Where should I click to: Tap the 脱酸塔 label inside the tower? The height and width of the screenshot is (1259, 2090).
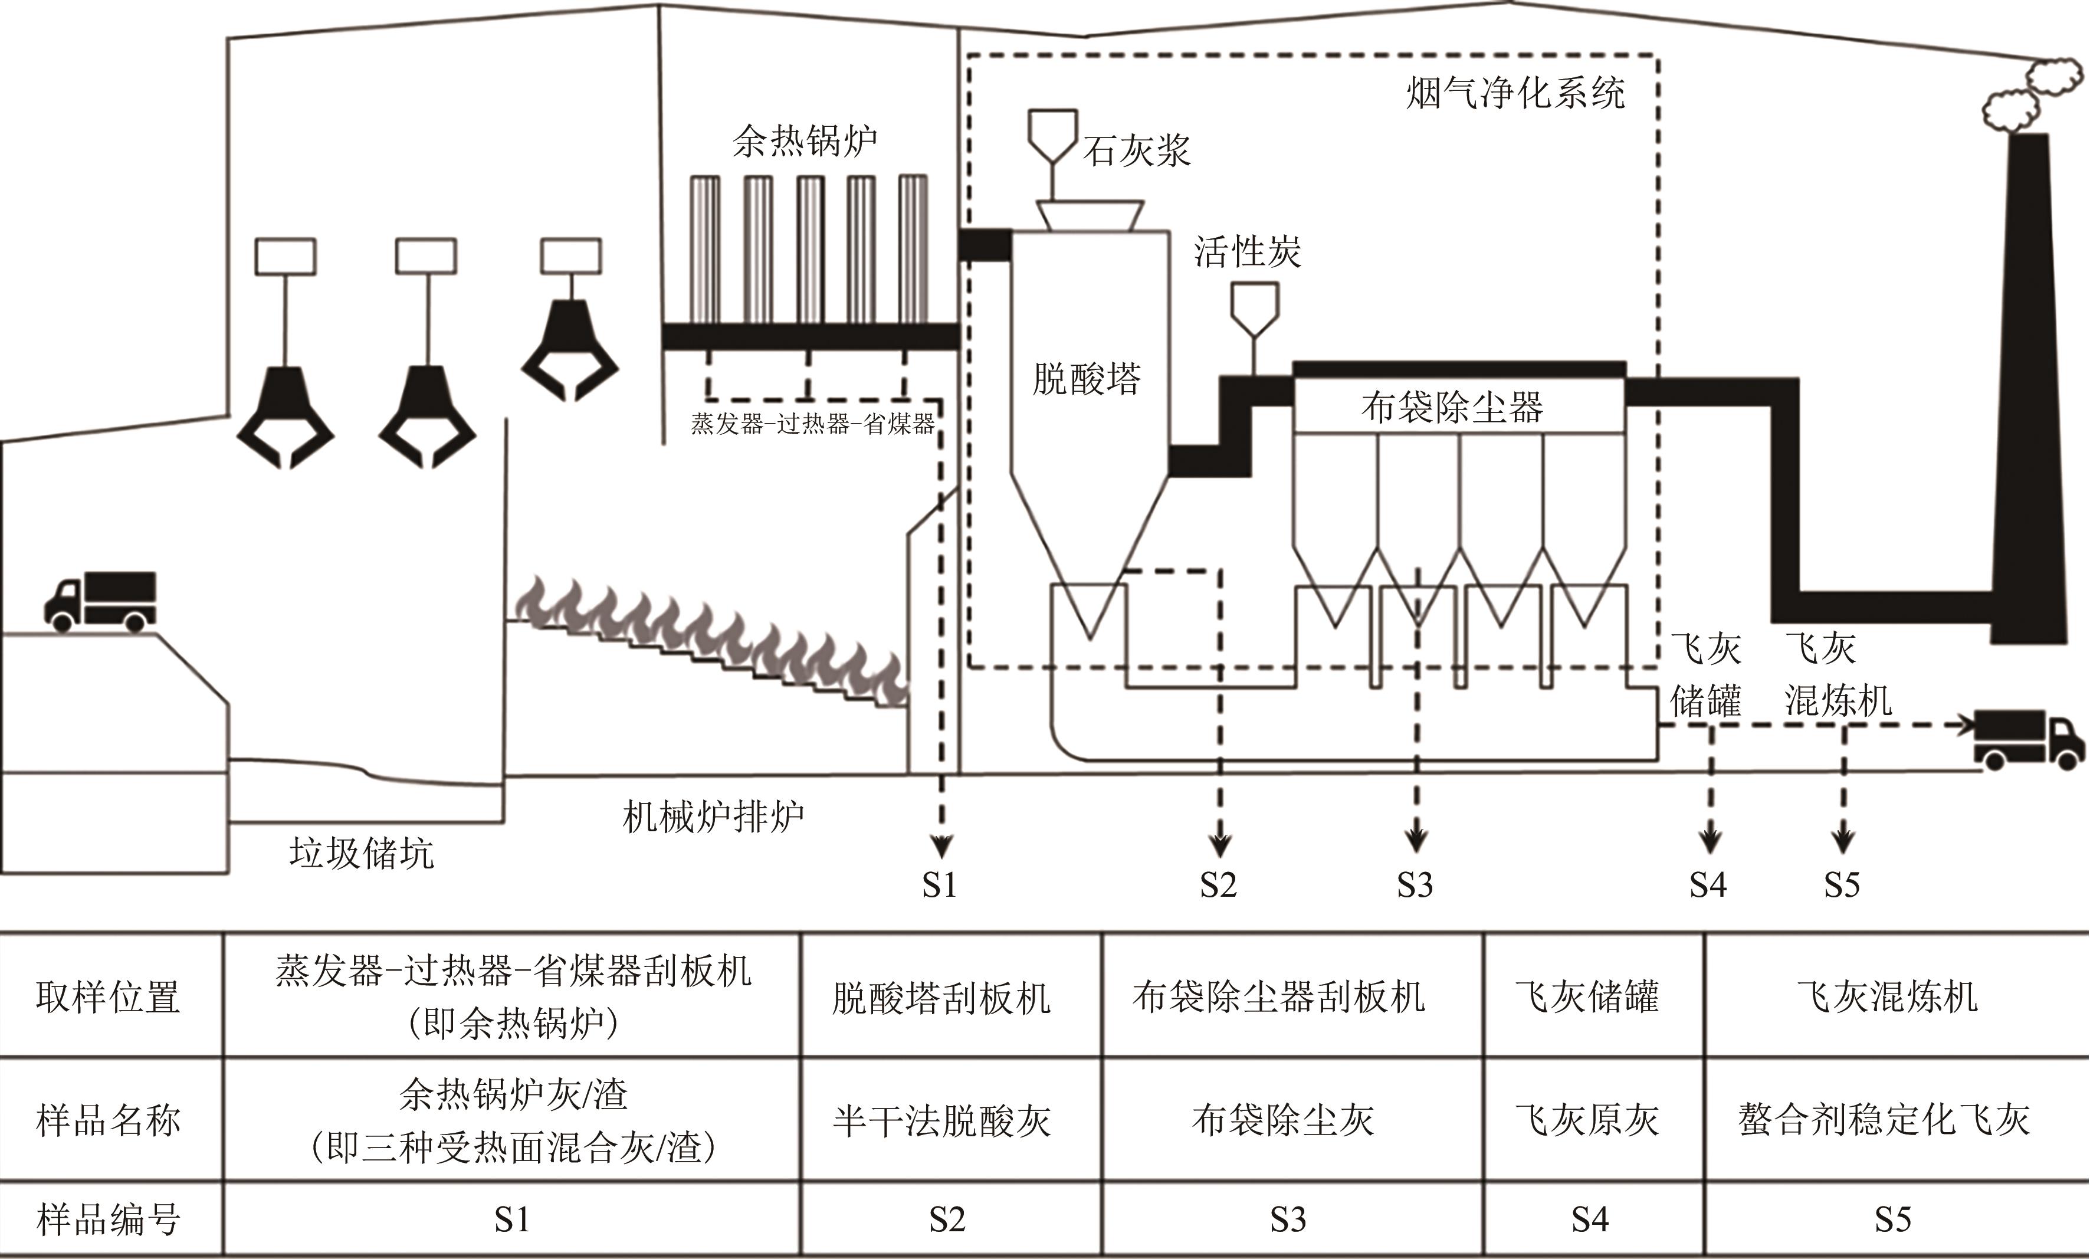coord(1087,378)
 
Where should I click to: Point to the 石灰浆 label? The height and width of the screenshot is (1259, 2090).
coord(1137,151)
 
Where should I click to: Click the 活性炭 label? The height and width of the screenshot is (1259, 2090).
coord(1247,251)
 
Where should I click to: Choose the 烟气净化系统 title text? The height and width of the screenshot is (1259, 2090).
coord(1515,93)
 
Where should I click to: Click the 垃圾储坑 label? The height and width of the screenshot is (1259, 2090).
coord(362,853)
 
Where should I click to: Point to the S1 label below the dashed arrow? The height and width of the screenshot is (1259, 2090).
coord(939,885)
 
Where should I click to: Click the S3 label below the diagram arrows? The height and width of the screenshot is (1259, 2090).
coord(1415,885)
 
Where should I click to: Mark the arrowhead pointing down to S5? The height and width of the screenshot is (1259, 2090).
coord(1842,842)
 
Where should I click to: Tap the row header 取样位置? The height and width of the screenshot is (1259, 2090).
coord(108,997)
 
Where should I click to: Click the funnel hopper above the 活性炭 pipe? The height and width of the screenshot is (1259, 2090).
coord(1255,310)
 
